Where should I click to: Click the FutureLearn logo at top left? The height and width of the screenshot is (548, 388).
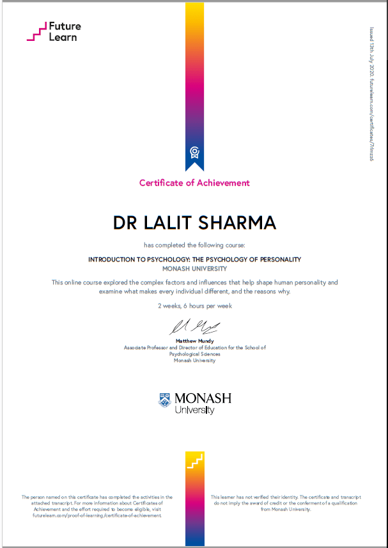click(x=54, y=32)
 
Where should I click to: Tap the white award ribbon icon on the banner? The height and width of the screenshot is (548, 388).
click(x=194, y=152)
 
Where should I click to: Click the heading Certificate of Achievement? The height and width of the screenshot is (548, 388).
click(x=194, y=183)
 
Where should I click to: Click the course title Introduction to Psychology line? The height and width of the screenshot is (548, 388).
click(x=194, y=259)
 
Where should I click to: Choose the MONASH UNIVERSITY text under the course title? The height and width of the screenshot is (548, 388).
click(x=194, y=269)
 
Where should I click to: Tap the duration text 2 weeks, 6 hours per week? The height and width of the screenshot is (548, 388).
click(x=194, y=306)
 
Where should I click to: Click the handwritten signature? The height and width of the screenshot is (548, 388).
click(x=194, y=327)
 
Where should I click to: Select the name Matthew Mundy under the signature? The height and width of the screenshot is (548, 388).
click(x=194, y=341)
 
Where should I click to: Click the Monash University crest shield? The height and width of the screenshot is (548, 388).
click(x=165, y=401)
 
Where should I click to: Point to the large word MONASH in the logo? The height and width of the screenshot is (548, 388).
click(x=203, y=398)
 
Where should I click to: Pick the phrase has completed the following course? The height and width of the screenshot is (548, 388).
click(x=194, y=245)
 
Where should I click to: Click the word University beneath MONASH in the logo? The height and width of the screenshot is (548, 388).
click(x=195, y=410)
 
